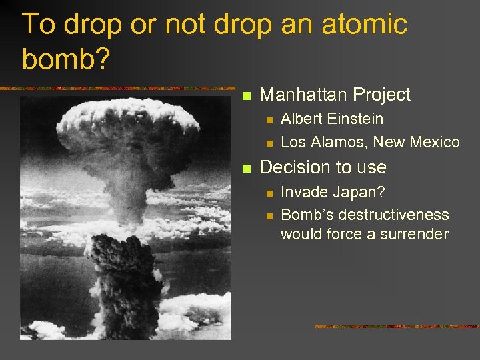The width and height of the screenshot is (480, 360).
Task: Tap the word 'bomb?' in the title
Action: (64, 59)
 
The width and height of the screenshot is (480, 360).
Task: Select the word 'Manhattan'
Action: (304, 95)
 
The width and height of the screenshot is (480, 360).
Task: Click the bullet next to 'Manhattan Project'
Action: (245, 96)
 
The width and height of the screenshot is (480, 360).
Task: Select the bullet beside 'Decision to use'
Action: (245, 168)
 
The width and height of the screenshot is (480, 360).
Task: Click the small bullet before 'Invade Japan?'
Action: (269, 193)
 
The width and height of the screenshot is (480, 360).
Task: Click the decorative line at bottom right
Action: (396, 327)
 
